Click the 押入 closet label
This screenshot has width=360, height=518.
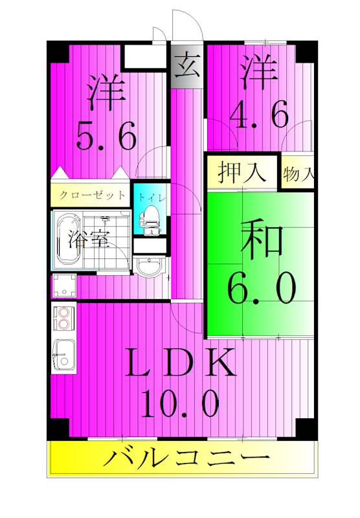242,173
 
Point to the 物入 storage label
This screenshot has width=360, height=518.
298,174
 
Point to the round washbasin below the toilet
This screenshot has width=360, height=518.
150,267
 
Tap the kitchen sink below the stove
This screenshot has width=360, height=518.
63,355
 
